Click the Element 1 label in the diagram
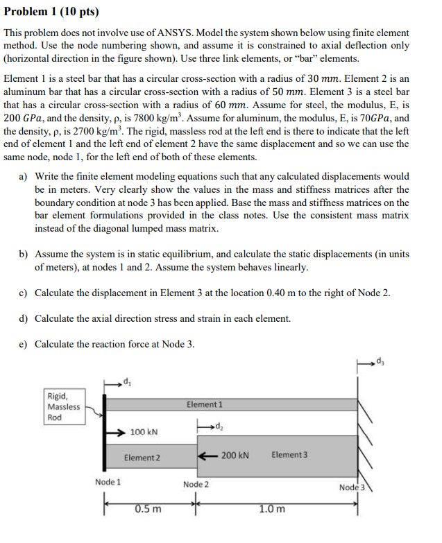(x=205, y=404)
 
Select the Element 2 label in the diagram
(x=142, y=458)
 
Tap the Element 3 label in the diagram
(x=289, y=455)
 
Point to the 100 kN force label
(x=144, y=432)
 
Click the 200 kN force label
(x=235, y=455)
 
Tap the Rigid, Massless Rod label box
(x=63, y=406)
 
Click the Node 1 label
(x=108, y=481)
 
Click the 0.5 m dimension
(x=148, y=509)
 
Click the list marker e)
(x=26, y=344)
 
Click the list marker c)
(x=26, y=293)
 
